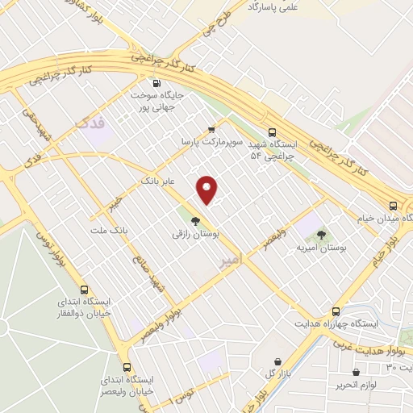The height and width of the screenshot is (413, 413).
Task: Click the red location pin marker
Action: click(x=208, y=190)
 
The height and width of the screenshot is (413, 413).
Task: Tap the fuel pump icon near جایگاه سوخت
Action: click(x=156, y=83)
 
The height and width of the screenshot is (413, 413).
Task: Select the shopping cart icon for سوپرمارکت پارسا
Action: click(x=211, y=129)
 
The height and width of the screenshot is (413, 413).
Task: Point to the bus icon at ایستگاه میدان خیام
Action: click(x=393, y=206)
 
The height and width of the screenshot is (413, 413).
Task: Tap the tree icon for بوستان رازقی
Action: click(x=194, y=220)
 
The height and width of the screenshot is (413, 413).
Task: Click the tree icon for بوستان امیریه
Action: click(x=322, y=235)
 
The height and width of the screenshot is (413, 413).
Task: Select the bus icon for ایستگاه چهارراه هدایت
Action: click(x=336, y=311)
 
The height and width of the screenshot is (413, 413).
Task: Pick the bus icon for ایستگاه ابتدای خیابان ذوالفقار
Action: click(x=84, y=290)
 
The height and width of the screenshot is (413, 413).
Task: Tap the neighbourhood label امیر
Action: click(x=230, y=261)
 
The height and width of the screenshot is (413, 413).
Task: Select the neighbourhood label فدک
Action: click(x=89, y=123)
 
